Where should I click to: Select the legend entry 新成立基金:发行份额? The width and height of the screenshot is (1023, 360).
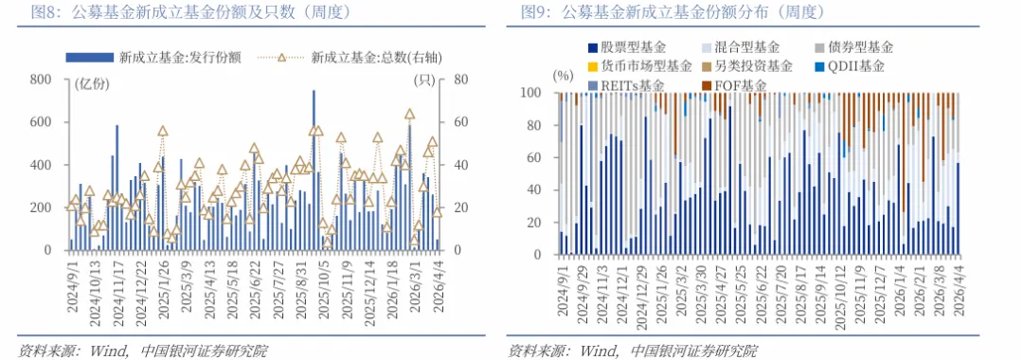[x=179, y=57]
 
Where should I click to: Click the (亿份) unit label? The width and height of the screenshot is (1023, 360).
[x=91, y=81]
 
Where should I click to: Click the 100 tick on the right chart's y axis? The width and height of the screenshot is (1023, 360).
[x=532, y=94]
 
